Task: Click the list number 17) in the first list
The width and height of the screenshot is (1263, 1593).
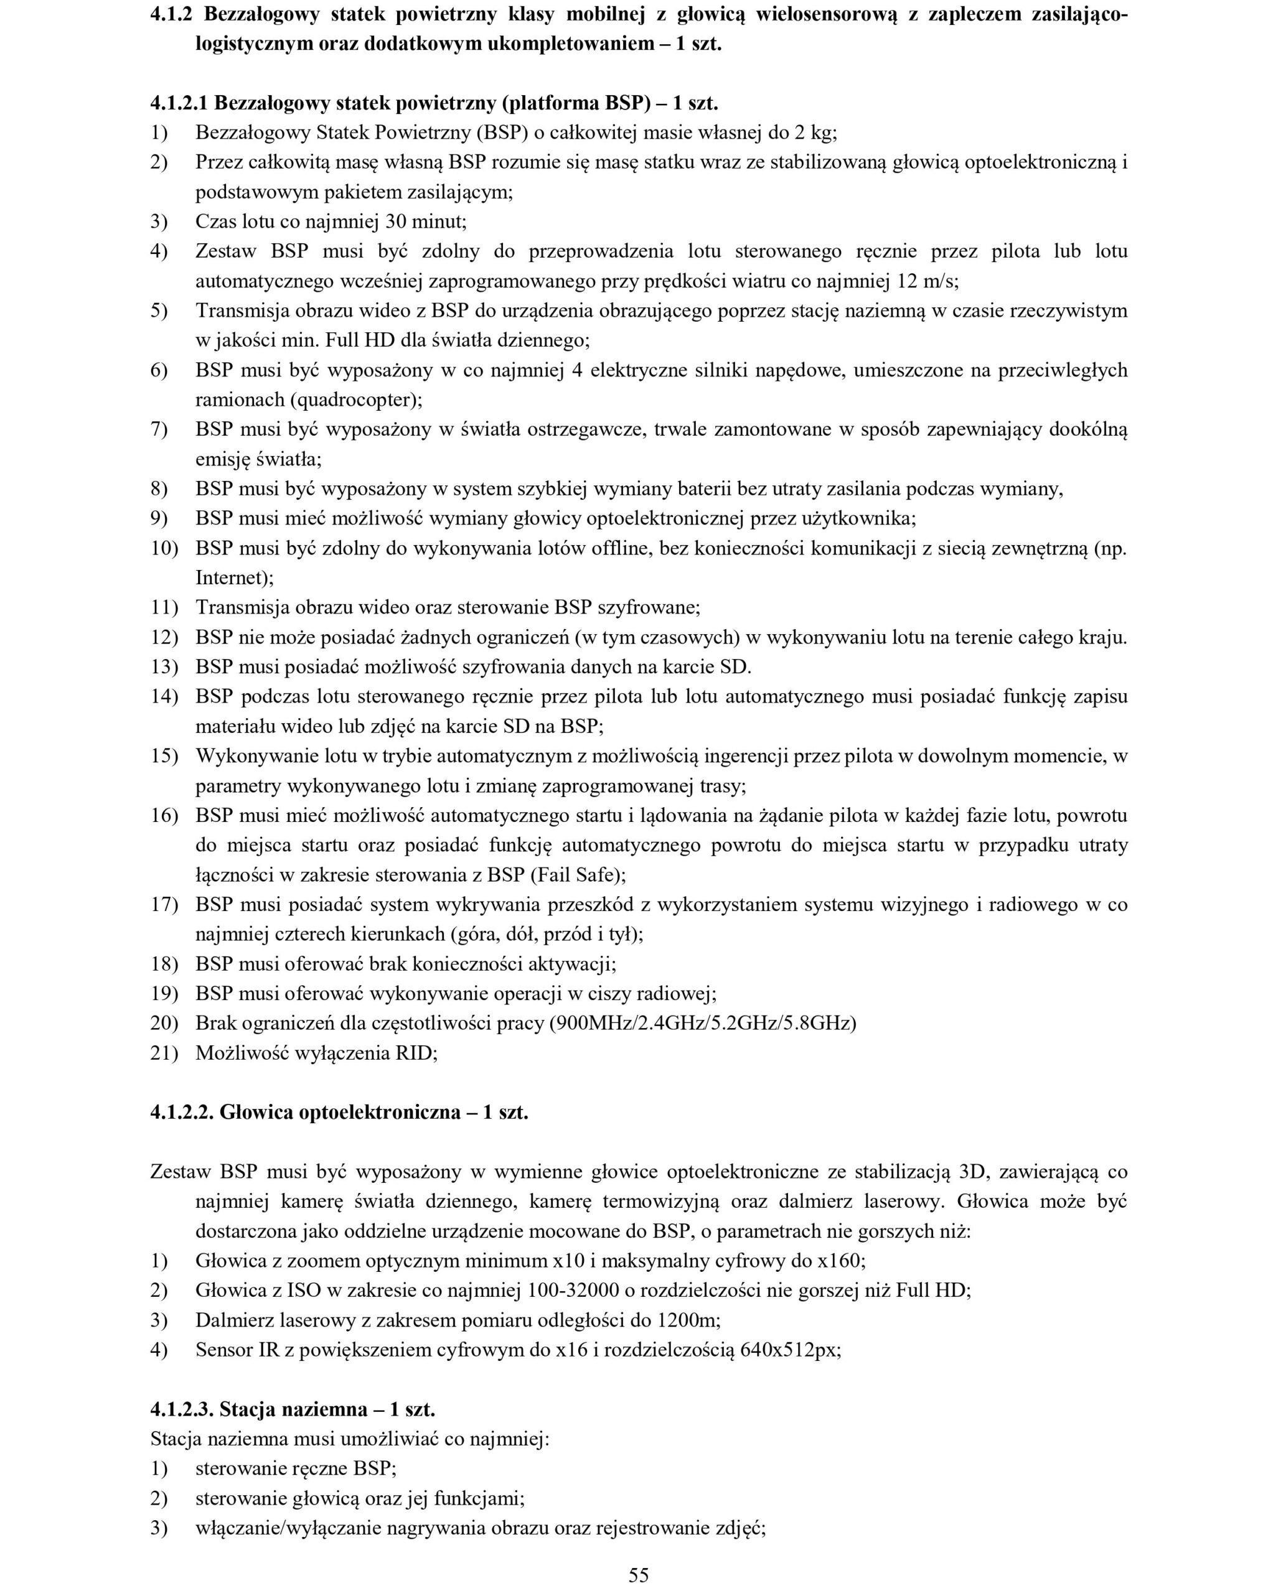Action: pos(164,904)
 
